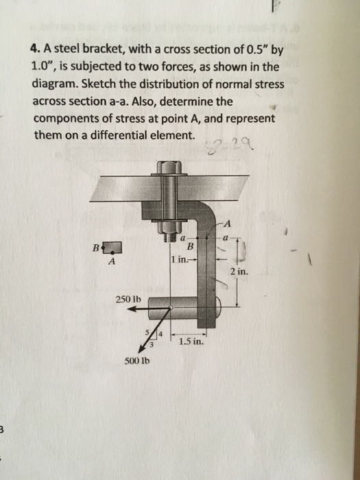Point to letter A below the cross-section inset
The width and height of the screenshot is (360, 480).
(x=112, y=261)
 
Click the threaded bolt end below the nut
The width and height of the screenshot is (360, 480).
(x=167, y=238)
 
